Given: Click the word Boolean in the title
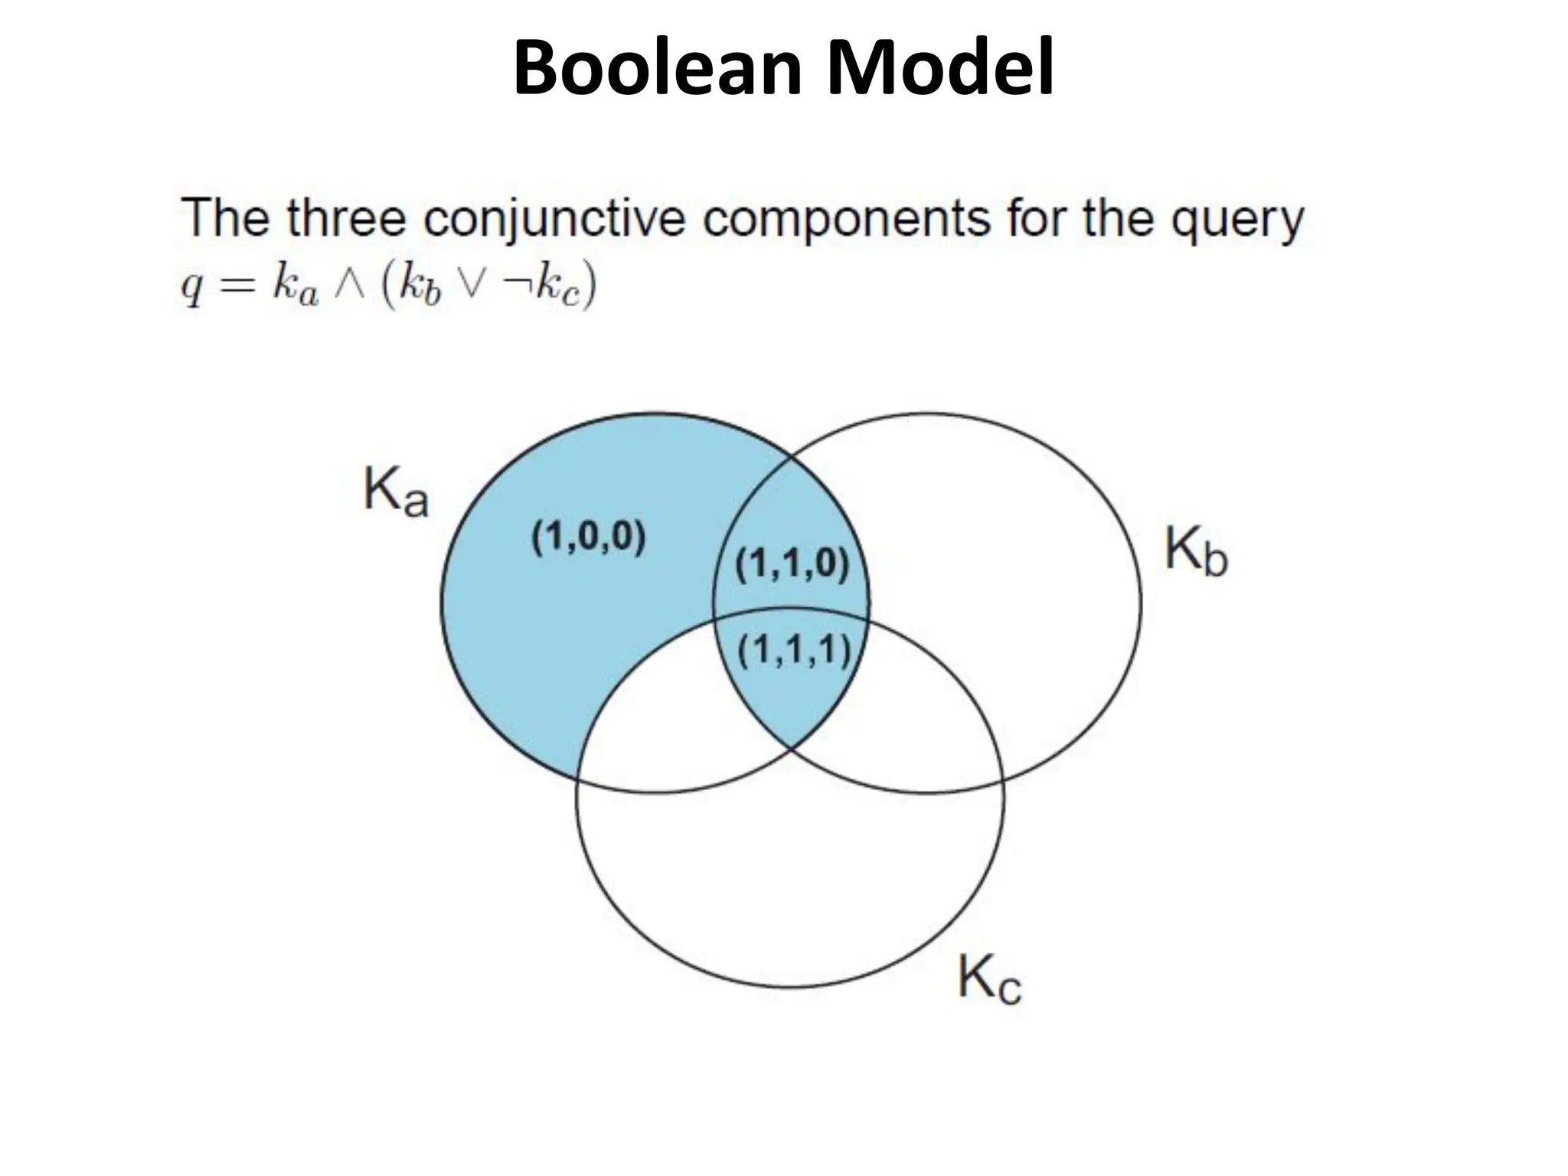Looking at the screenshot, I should point(659,69).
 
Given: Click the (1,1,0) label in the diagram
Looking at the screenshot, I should point(792,566).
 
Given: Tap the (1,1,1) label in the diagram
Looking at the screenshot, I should point(794,652).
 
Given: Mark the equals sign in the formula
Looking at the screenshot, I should point(234,286).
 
